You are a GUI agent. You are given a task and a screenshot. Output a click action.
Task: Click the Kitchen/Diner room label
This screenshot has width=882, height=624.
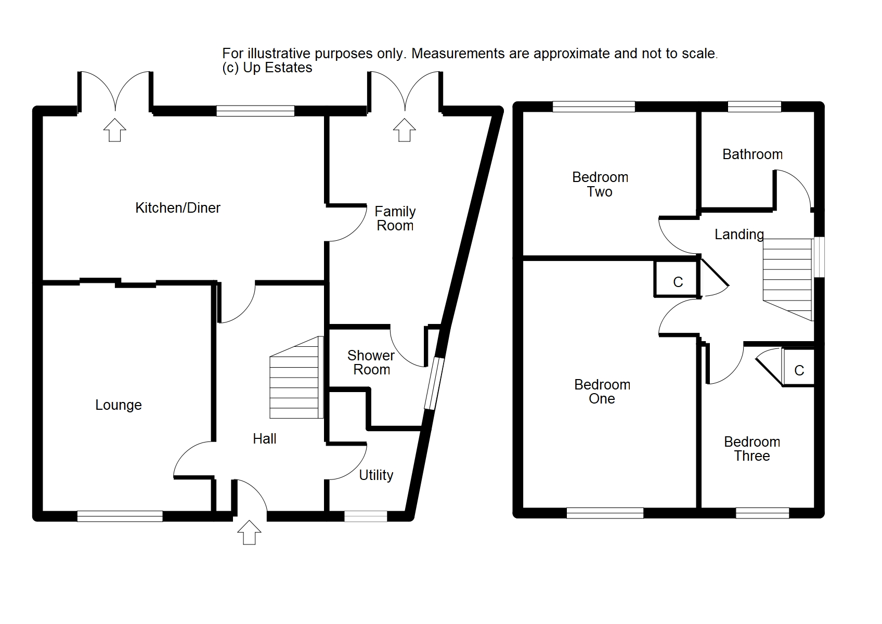click(178, 208)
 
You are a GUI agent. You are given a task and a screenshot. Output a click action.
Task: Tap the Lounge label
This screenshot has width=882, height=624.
click(119, 405)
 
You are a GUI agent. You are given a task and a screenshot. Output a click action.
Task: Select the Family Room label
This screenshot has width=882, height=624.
click(395, 218)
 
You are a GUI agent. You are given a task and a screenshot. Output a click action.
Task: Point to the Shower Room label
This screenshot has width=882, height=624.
click(371, 362)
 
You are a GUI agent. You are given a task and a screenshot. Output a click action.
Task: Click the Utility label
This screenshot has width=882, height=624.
click(376, 475)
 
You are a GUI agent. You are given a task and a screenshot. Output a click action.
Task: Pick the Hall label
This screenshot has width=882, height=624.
click(264, 439)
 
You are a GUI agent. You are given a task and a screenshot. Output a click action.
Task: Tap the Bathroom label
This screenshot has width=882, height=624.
click(753, 154)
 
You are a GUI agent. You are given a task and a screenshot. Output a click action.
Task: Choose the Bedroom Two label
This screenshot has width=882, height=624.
click(600, 185)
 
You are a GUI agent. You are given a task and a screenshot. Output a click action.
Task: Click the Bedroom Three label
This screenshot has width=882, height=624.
click(752, 449)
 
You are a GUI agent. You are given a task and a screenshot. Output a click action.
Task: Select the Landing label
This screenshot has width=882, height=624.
click(739, 235)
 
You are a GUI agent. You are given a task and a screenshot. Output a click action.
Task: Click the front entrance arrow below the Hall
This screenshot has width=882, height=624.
click(249, 532)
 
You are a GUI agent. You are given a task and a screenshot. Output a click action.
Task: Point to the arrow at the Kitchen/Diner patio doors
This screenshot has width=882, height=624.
click(115, 130)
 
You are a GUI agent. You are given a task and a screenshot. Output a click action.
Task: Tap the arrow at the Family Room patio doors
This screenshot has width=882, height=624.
click(404, 130)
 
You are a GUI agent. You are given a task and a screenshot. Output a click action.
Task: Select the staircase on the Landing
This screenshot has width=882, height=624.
click(787, 278)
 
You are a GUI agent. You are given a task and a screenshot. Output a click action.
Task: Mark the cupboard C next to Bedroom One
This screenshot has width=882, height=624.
click(678, 282)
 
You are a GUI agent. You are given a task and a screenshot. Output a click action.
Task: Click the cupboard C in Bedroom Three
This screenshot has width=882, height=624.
click(799, 370)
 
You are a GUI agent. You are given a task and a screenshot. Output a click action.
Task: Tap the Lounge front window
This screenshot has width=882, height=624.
click(120, 516)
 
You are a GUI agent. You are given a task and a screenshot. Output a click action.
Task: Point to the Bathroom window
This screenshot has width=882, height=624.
click(755, 107)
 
